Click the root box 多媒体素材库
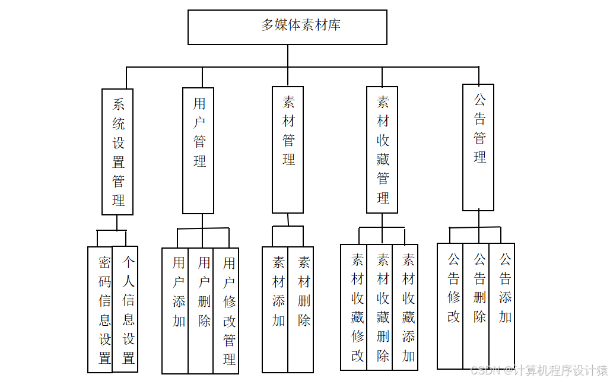[287, 27]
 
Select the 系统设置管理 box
[117, 152]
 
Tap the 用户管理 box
[198, 151]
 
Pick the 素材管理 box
[288, 150]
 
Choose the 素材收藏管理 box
[382, 150]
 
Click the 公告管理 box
[478, 147]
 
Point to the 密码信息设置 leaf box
[100, 309]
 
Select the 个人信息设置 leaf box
[125, 309]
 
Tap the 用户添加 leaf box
[175, 310]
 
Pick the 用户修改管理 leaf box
[226, 310]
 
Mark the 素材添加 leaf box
[275, 309]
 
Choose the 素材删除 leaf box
[301, 309]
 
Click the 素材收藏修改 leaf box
[354, 307]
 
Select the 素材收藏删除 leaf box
[380, 307]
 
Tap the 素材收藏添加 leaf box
[405, 307]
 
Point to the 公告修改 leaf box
[450, 306]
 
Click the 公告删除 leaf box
[476, 306]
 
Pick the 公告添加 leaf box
[502, 306]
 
